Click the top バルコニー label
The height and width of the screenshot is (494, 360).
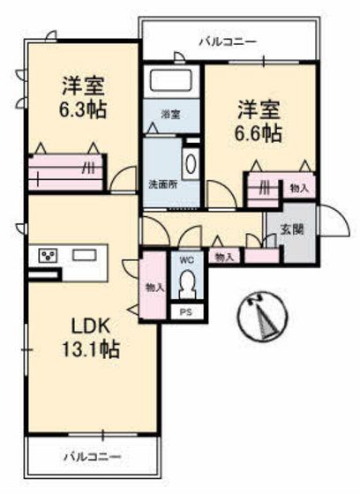coord(227,41)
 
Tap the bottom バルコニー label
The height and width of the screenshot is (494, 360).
coord(92,457)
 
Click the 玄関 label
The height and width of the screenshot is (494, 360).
coord(292,228)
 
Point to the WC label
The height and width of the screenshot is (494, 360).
coord(186,260)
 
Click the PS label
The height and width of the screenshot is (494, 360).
coord(186,312)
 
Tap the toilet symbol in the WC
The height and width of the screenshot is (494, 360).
coord(186,284)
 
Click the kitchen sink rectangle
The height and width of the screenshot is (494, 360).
coord(85,255)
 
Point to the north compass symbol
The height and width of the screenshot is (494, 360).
coord(264,315)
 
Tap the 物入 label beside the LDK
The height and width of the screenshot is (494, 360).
coord(153,287)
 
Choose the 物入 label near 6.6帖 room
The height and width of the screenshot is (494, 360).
coord(298,187)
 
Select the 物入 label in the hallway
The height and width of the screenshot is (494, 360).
coord(224,257)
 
